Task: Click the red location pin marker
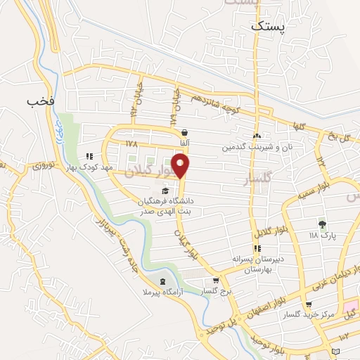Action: (181, 167)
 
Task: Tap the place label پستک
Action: (268, 25)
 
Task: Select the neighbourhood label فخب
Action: (40, 101)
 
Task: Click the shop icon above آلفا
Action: (184, 132)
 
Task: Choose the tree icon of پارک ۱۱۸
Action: (323, 224)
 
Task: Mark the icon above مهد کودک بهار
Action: (89, 157)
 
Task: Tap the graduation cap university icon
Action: (165, 191)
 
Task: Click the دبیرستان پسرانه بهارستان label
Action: (259, 264)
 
